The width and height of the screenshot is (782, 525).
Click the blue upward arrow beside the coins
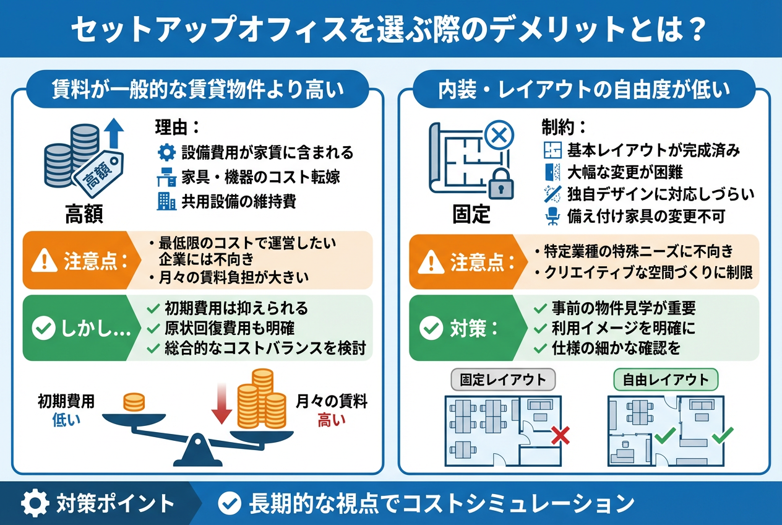pos(114,134)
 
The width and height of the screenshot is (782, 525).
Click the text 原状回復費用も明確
pos(238,328)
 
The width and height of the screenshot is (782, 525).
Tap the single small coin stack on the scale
pos(134,402)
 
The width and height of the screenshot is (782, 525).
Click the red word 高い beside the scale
pos(332,422)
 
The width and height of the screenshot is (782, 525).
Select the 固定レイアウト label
pos(503,380)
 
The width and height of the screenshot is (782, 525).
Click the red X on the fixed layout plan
pos(560,435)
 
